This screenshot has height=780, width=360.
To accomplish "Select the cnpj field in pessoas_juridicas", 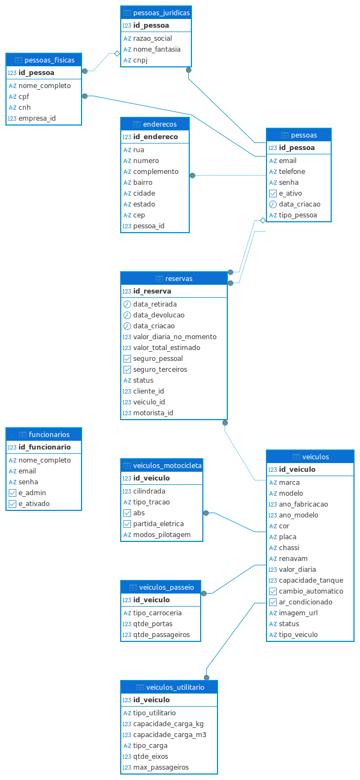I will (x=140, y=60).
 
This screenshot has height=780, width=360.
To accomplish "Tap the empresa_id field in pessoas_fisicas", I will (x=37, y=118).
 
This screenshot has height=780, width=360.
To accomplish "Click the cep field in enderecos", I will (x=139, y=215).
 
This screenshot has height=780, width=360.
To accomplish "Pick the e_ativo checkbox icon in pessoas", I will (x=273, y=194).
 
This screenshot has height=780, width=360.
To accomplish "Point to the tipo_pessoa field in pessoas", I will (x=297, y=215).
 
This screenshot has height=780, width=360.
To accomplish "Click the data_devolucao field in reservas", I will (x=159, y=315).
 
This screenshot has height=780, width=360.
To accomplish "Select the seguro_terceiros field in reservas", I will (x=160, y=370).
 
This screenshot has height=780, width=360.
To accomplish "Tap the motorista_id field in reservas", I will (x=153, y=413).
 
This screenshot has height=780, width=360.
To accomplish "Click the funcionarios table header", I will (x=44, y=434).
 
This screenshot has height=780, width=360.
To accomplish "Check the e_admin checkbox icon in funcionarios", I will (x=13, y=493).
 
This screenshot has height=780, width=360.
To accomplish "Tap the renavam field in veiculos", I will (x=293, y=559).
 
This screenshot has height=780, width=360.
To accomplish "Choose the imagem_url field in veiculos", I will (x=298, y=613).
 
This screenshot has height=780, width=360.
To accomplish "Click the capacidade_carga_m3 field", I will (x=170, y=735).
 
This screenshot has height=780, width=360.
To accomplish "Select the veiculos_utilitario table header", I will (x=169, y=687).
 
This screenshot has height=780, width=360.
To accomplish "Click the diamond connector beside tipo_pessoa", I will (x=262, y=220).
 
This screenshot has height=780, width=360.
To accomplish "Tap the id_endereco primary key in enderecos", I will (x=156, y=137).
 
